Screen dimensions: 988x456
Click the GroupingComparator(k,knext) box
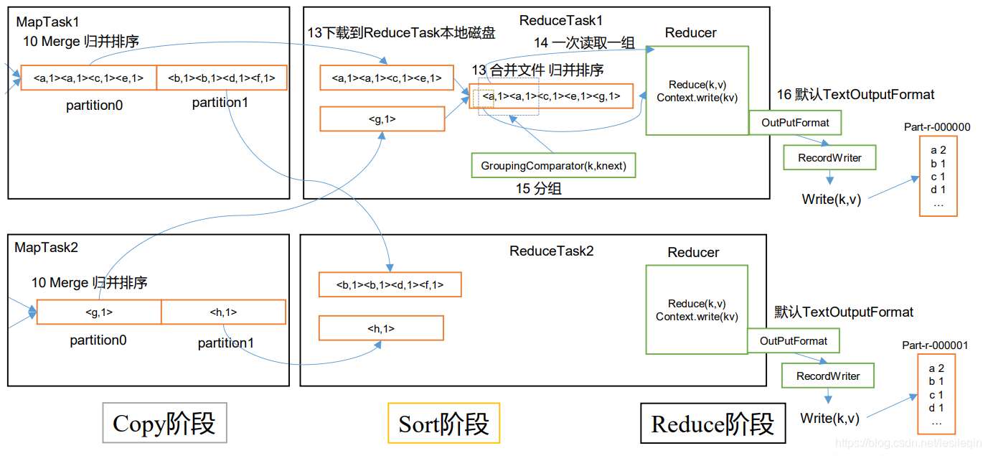point(553,166)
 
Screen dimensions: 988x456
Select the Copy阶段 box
point(164,422)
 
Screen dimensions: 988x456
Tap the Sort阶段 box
point(443,423)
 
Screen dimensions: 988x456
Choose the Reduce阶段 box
point(712,423)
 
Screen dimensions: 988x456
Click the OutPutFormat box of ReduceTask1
point(795,123)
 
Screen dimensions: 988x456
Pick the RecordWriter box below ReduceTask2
point(828,376)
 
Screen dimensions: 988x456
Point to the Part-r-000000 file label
point(937,127)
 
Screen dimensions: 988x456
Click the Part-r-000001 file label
point(935,345)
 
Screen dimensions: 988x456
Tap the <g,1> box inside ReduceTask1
point(382,118)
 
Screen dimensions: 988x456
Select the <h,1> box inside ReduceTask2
point(381,328)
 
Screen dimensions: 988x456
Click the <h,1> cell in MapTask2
point(224,312)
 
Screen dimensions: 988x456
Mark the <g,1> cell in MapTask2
point(99,312)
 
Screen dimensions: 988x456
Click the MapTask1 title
point(47,22)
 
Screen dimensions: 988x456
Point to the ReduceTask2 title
point(551,251)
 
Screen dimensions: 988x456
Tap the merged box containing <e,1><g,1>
point(551,96)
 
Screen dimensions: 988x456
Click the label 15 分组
point(539,188)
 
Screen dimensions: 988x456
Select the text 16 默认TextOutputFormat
point(855,94)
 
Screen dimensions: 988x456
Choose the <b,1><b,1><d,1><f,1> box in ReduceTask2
point(390,284)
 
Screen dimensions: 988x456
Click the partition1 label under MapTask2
point(226,343)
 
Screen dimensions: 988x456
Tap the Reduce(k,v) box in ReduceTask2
point(697,310)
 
